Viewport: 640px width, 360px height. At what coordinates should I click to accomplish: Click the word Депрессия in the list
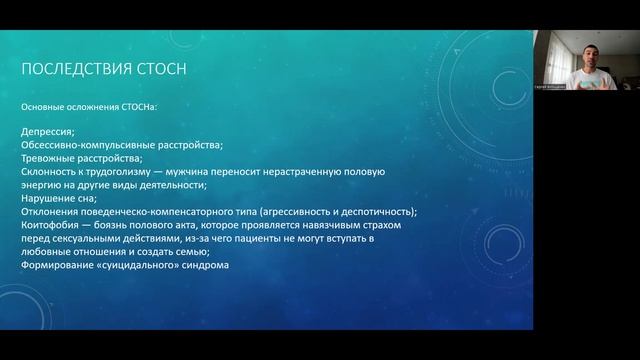pyautogui.click(x=48, y=132)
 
